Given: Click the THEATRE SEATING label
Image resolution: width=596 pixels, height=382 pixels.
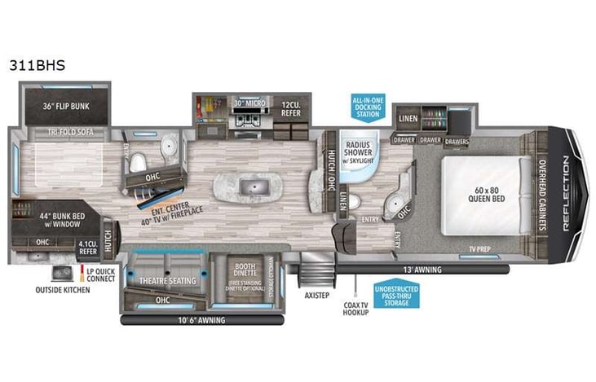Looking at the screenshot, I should [x=166, y=280].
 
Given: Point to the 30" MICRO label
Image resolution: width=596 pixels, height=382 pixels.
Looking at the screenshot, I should [x=246, y=103].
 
